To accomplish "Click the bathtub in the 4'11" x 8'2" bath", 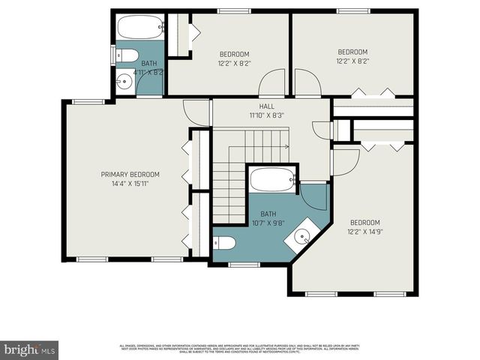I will (140, 29).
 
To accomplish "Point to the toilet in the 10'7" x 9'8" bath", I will (225, 243).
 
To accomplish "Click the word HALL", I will (267, 106).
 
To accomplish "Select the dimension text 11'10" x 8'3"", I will (267, 116).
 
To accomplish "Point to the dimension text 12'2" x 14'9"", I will (365, 232).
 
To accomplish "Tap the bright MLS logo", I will (30, 349).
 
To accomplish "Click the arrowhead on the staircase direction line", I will (287, 147).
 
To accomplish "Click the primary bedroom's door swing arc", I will (196, 112).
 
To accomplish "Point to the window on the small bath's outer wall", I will (113, 55).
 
